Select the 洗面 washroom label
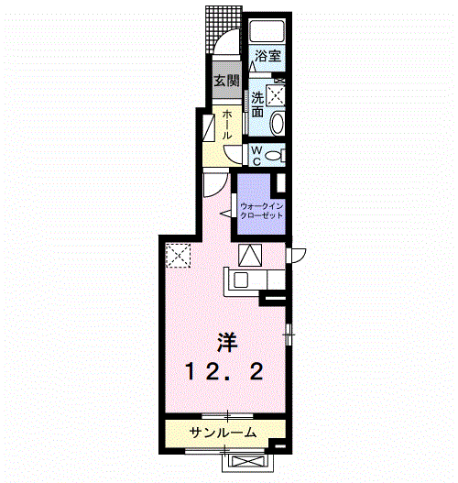pos(257,104)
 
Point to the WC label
pos(257,155)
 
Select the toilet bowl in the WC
pos(279,155)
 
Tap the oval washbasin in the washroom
pos(278,123)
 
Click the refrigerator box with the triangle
pos(250,254)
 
